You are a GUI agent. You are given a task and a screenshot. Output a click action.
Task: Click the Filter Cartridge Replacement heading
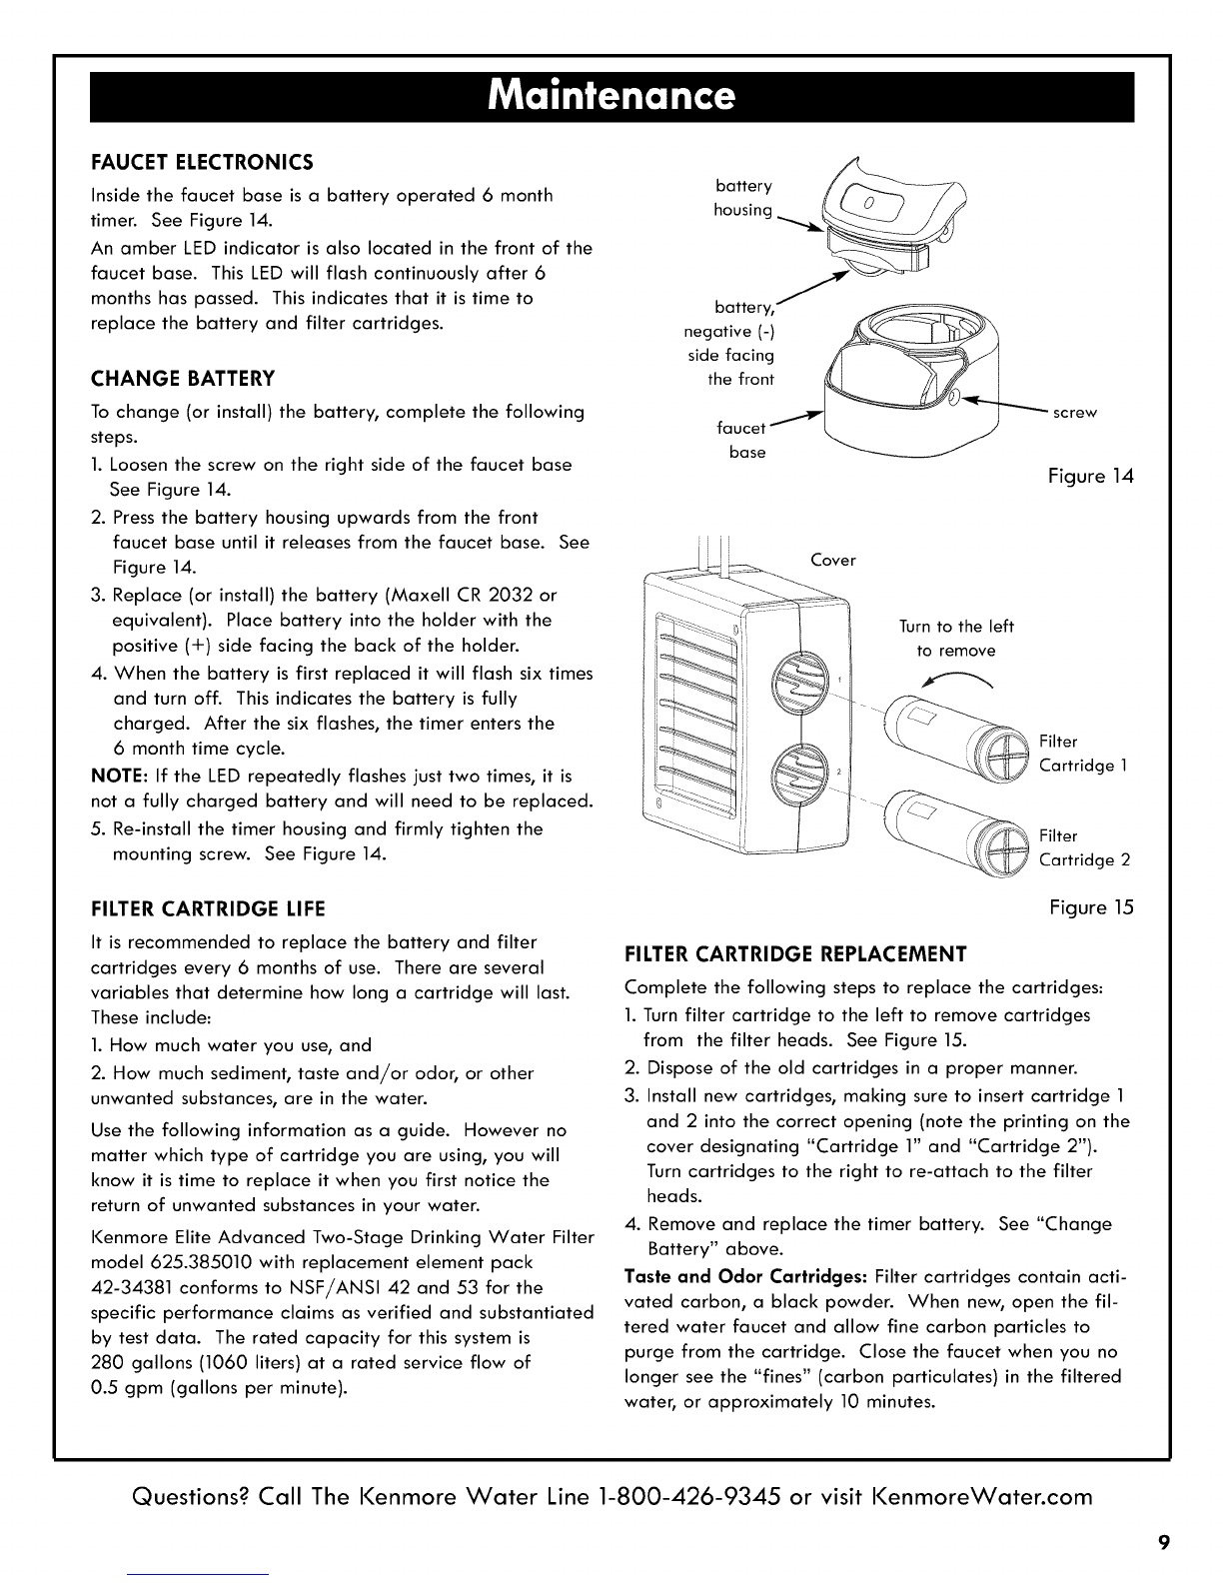point(795,951)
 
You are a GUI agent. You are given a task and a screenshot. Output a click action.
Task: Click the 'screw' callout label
point(1075,413)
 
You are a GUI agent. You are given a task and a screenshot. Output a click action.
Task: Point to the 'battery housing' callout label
point(744,198)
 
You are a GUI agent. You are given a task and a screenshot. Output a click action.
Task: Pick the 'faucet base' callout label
point(742,441)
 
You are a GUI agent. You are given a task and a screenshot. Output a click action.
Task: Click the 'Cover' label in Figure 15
point(833,560)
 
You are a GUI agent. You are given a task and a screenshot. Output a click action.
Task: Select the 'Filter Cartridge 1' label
point(1084,754)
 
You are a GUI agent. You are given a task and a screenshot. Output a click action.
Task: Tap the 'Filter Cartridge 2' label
point(1084,847)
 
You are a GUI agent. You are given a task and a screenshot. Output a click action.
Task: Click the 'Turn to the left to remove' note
point(956,639)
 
